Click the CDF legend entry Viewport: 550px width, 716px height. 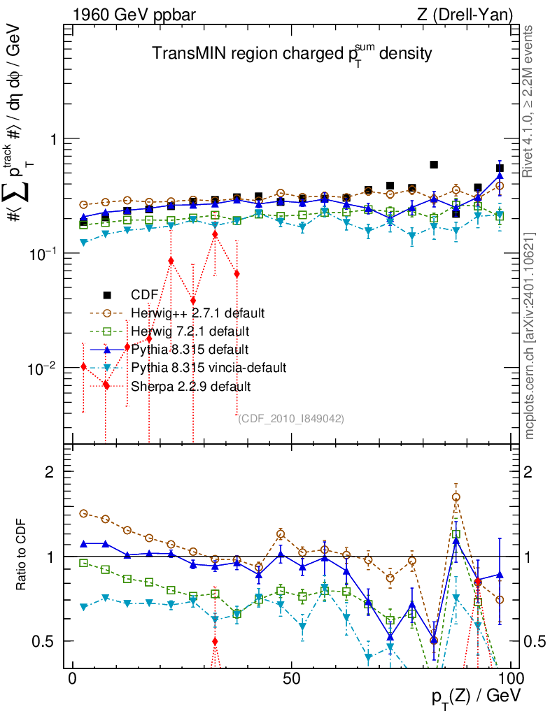pos(143,294)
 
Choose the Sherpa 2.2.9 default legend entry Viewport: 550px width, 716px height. pos(190,385)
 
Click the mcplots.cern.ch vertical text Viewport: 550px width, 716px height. pos(530,336)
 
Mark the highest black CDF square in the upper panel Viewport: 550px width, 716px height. pos(434,164)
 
